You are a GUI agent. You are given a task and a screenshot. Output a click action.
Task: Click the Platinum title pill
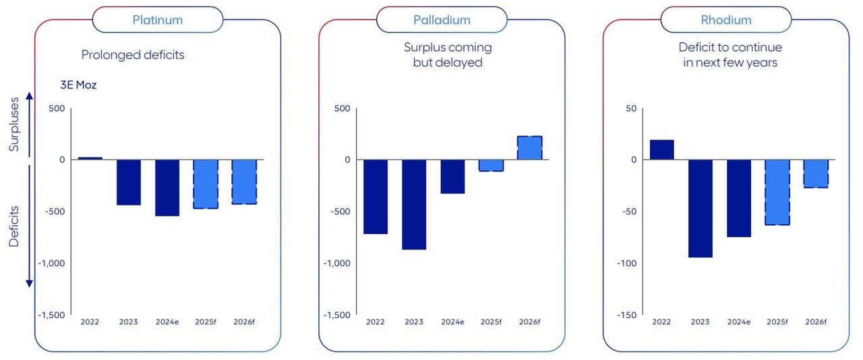(157, 20)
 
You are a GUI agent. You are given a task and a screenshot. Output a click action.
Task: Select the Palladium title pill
(442, 20)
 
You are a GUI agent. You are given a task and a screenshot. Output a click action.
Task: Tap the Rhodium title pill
(725, 20)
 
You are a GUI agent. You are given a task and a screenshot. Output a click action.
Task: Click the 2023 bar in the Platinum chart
(128, 182)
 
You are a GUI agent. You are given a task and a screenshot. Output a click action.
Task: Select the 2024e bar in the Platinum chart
(167, 187)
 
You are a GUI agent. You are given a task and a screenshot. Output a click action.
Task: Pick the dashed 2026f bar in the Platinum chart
(244, 181)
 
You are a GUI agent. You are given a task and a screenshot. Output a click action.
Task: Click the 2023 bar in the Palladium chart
(414, 204)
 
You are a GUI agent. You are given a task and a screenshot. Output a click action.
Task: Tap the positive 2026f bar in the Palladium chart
(530, 148)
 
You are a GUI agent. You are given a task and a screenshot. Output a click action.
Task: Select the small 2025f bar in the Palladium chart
(492, 165)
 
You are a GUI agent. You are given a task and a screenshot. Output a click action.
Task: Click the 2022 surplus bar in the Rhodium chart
(661, 150)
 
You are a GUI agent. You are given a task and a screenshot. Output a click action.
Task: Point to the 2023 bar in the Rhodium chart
(700, 208)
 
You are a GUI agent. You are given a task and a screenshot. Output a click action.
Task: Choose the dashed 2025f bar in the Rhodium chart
(777, 191)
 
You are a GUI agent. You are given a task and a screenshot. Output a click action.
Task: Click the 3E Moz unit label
(78, 86)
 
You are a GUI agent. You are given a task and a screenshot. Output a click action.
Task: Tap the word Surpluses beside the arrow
(14, 125)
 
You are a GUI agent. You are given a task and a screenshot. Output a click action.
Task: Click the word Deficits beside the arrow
(14, 227)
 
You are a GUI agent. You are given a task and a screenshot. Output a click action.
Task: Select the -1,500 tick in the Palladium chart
(337, 315)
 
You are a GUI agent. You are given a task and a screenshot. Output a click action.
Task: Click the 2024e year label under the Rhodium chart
(739, 322)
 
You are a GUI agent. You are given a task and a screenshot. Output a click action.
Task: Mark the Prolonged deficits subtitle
(133, 55)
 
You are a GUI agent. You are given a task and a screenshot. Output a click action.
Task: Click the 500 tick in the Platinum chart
(57, 108)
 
